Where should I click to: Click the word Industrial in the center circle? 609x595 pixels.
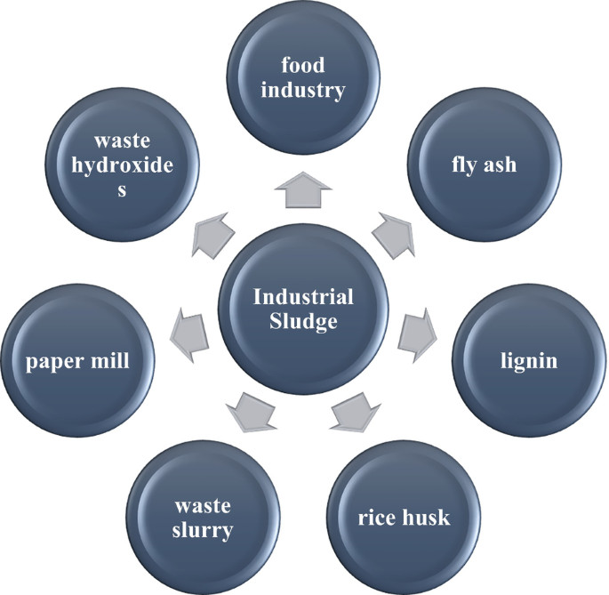(303, 297)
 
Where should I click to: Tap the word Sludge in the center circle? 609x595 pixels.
(303, 321)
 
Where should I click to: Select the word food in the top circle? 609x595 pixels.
(303, 65)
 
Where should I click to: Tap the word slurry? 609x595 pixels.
(203, 531)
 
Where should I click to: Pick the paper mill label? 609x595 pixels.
(78, 360)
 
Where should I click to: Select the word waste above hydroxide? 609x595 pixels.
(123, 141)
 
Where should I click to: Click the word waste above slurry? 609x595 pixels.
(203, 506)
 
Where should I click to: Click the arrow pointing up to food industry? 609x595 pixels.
(303, 189)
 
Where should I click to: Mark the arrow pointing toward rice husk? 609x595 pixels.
(355, 410)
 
